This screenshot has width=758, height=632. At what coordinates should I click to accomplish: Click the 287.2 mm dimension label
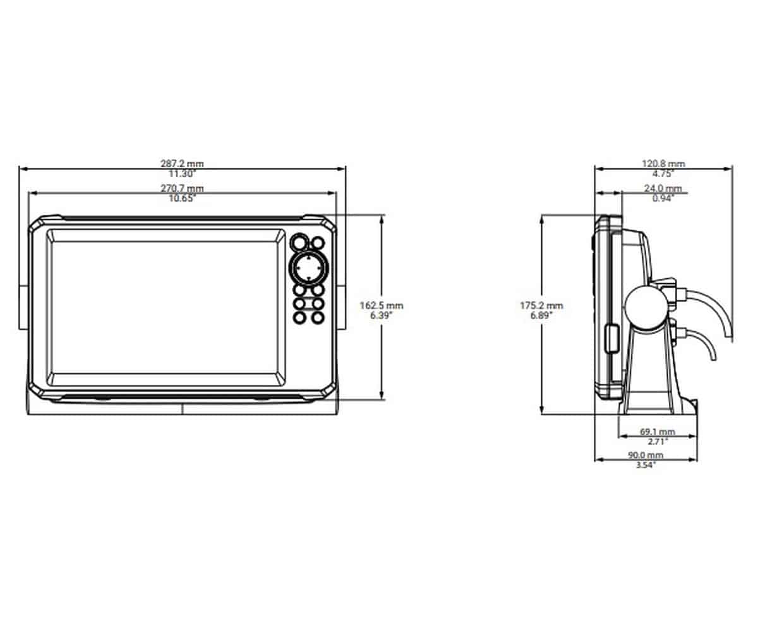[183, 164]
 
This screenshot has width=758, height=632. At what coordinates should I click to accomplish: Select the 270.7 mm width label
[183, 188]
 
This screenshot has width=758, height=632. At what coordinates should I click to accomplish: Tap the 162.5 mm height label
[381, 305]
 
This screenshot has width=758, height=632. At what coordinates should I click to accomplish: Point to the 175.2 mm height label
[541, 305]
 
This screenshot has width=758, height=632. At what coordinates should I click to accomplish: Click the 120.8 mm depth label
[663, 164]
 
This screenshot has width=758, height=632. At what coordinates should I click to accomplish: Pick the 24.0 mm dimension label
[663, 188]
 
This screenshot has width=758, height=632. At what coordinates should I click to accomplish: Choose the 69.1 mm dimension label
[658, 432]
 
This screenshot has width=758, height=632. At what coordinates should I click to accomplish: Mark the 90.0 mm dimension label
[646, 455]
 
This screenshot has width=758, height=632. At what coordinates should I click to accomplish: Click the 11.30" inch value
[183, 174]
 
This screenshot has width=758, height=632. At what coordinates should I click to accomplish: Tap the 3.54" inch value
[646, 465]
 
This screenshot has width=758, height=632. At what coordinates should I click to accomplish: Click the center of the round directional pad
[308, 269]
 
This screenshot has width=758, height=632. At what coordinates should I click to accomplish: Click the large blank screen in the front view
[165, 307]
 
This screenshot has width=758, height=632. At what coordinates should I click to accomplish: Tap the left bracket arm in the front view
[23, 308]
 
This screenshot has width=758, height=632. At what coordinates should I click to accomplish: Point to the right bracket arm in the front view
[341, 308]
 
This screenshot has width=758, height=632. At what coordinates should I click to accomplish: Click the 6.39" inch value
[381, 315]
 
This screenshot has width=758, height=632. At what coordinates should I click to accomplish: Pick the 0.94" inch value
[663, 198]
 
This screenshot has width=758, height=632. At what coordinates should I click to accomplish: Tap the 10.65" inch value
[183, 198]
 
